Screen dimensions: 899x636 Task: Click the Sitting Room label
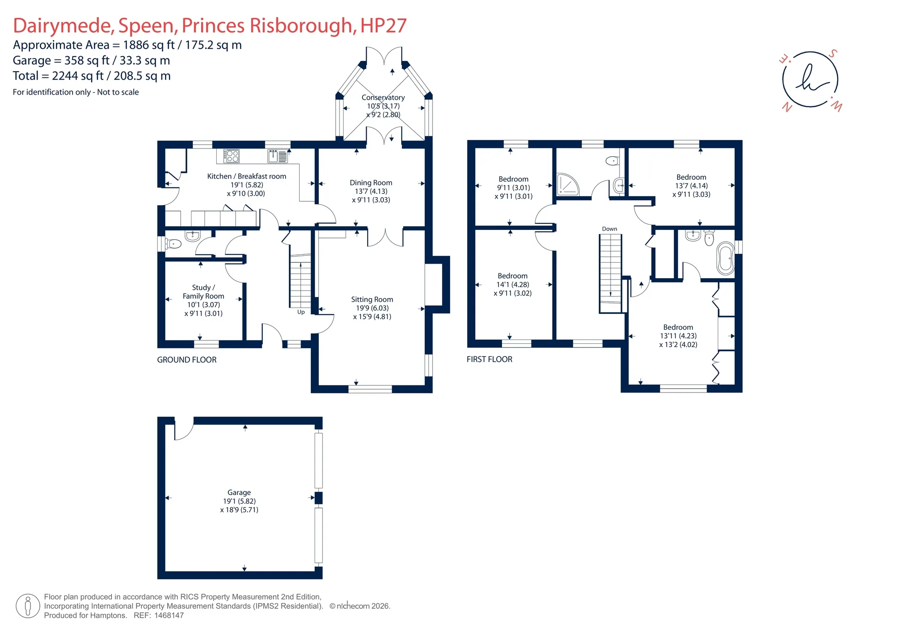(372, 299)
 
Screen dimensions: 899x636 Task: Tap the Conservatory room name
(383, 97)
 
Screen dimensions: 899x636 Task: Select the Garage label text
(239, 492)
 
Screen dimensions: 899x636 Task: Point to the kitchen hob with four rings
(231, 156)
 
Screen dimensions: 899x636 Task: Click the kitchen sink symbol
(278, 156)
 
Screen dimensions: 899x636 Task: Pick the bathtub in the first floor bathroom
(725, 259)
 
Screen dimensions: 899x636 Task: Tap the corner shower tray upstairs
(567, 185)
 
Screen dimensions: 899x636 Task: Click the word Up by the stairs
(301, 312)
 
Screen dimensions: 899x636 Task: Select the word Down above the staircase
(609, 229)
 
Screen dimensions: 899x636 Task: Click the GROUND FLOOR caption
(187, 360)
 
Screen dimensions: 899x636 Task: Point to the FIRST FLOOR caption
(489, 359)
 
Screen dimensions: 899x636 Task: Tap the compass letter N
(787, 107)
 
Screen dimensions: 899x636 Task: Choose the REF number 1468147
(167, 615)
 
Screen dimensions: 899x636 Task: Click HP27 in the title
(383, 25)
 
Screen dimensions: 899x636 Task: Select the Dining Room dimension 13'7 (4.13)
(371, 191)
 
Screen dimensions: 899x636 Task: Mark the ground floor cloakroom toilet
(174, 244)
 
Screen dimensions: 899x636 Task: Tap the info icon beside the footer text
(28, 606)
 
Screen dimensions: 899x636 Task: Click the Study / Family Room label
(203, 292)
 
